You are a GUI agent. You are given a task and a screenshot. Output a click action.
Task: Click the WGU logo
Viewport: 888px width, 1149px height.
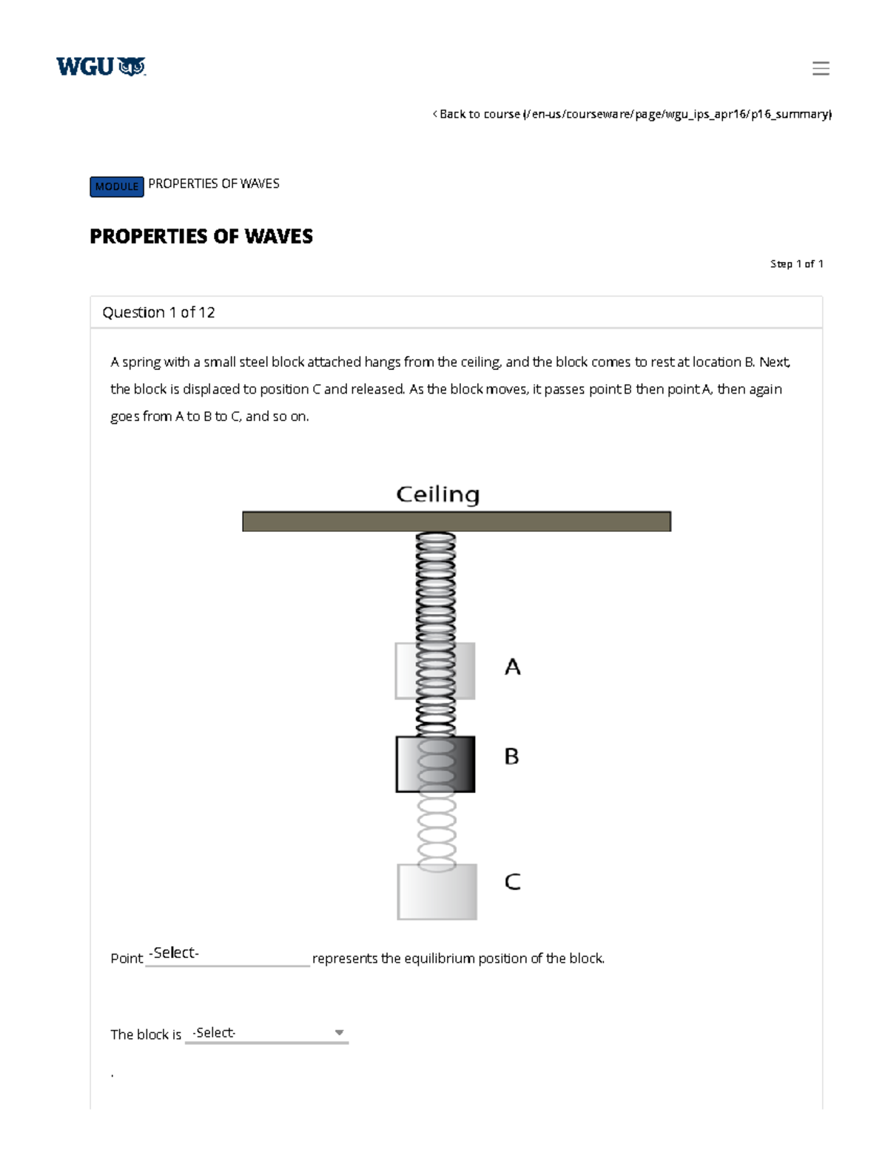(101, 67)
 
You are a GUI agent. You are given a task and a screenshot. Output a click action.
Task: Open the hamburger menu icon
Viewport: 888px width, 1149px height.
(820, 68)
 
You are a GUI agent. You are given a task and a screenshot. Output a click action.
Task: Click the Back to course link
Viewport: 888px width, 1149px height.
(632, 114)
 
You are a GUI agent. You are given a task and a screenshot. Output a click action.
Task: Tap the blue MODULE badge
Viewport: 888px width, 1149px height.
(117, 186)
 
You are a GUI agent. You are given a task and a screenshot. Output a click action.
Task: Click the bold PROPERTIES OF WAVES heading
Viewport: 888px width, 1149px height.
(201, 236)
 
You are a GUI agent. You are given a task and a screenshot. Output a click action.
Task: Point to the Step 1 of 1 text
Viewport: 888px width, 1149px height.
(796, 263)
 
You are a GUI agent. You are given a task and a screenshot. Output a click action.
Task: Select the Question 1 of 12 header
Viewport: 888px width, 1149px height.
(158, 312)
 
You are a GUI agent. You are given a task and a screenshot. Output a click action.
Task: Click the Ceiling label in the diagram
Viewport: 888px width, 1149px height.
(437, 494)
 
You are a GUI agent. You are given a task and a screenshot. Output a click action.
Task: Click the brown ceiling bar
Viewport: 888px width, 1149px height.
(456, 521)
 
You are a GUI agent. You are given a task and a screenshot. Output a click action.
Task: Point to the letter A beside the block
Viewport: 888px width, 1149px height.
(512, 667)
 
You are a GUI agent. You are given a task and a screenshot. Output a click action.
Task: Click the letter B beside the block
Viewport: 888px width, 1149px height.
(511, 756)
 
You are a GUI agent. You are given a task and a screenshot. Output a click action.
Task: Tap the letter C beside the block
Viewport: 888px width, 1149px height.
(512, 882)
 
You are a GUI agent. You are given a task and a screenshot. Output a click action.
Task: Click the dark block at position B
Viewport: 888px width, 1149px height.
(435, 764)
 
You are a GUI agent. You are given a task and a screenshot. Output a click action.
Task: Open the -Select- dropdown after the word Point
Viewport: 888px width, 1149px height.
(227, 954)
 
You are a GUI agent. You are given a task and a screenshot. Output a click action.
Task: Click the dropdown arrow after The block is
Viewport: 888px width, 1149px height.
(339, 1033)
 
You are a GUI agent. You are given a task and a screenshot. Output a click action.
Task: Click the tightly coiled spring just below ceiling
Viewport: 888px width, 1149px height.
(436, 584)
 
